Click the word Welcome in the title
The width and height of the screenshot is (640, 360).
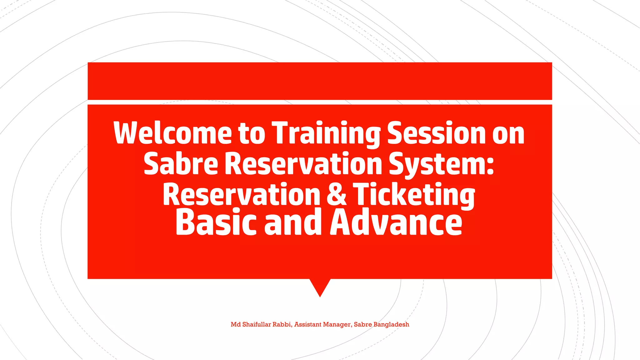[172, 133]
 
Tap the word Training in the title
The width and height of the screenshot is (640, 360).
[326, 133]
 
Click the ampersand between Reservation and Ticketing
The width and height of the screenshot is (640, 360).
[337, 194]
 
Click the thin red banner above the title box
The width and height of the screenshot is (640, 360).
[320, 81]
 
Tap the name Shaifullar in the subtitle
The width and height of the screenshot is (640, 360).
[257, 324]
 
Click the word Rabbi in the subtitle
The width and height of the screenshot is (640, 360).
[282, 324]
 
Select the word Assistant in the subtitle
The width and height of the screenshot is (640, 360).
[308, 324]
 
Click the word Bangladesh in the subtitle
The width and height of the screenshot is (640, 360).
[391, 324]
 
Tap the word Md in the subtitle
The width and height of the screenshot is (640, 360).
[236, 324]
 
